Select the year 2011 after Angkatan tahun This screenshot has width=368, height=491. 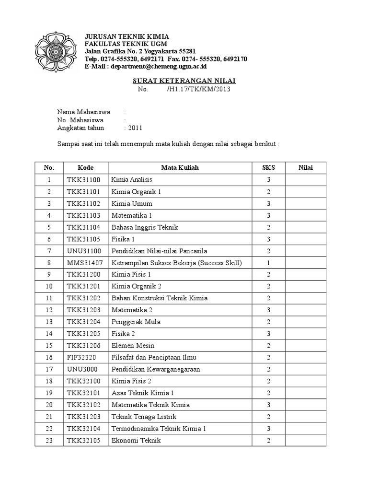pos(134,128)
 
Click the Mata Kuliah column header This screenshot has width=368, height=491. pos(180,168)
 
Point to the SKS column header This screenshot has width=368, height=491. pos(268,168)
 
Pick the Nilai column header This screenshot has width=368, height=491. pos(305,168)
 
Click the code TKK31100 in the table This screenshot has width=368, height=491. pos(83,180)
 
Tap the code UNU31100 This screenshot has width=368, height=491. pos(84,251)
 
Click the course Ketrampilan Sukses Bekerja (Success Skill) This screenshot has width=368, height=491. pos(177,263)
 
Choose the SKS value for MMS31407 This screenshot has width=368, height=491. pos(268,263)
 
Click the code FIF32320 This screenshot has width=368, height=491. pos(81,357)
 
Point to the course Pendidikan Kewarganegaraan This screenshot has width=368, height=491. pos(156,369)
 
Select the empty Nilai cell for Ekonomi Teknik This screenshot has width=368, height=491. pos(305,440)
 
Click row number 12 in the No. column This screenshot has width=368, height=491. pos(49,310)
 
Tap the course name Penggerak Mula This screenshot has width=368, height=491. pos(136,322)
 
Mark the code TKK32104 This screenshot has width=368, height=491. pos(84,428)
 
